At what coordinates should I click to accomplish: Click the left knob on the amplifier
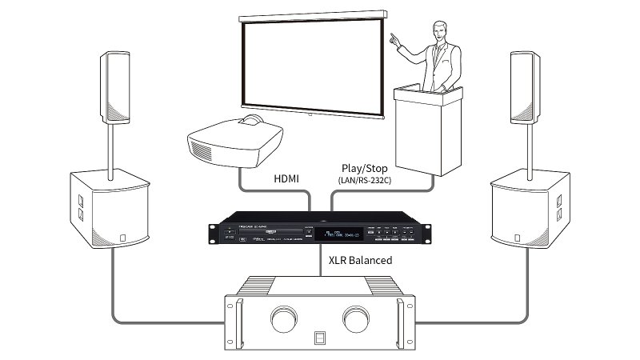[282, 318]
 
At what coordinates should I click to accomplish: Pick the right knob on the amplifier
[357, 318]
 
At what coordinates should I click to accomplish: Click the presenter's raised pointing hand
[392, 37]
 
